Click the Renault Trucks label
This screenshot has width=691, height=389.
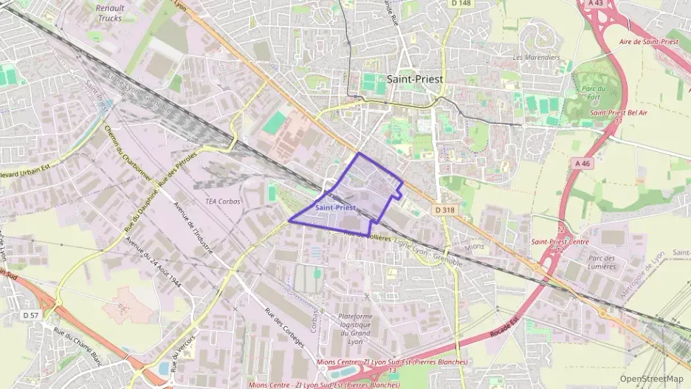tap(110, 13)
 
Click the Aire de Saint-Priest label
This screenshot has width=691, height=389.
tap(649, 42)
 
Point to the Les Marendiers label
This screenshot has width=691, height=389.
tap(536, 57)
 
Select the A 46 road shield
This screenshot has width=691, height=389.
tap(582, 163)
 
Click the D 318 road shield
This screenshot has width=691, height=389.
tap(445, 210)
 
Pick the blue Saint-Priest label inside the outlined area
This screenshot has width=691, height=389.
tap(335, 208)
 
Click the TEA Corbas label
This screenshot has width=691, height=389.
tap(223, 202)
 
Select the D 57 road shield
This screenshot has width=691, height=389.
tap(30, 315)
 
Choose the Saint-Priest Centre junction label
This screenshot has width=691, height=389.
tap(560, 241)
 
